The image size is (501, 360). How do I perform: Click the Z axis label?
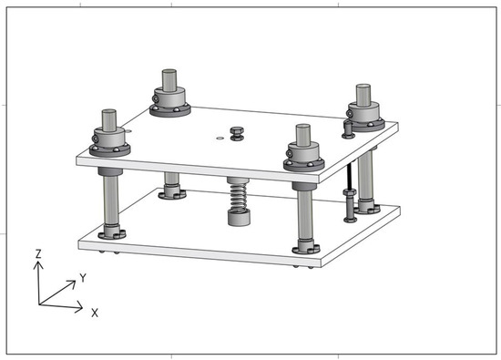(38, 254)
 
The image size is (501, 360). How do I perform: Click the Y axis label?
(83, 278)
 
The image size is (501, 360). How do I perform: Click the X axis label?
(95, 313)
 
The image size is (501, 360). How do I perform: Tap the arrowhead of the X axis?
(79, 308)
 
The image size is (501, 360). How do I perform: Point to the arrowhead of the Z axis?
(38, 265)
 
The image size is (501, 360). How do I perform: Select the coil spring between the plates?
(239, 197)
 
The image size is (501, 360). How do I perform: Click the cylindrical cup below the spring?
(239, 218)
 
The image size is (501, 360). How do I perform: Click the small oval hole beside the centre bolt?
(220, 139)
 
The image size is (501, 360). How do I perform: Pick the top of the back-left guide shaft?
(169, 71)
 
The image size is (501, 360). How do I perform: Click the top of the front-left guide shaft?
(109, 111)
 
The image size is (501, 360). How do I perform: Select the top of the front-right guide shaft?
(303, 127)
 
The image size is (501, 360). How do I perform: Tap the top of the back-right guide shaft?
(363, 87)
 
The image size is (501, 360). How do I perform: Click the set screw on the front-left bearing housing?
(95, 139)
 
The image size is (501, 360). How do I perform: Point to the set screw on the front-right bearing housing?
(289, 154)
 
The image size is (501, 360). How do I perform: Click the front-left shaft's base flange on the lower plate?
(112, 233)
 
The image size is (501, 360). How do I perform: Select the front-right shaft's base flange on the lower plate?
(306, 248)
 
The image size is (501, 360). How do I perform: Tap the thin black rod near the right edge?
(351, 176)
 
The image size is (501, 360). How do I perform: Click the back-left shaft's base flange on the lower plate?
(172, 193)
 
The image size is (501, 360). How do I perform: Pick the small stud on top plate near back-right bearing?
(348, 129)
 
